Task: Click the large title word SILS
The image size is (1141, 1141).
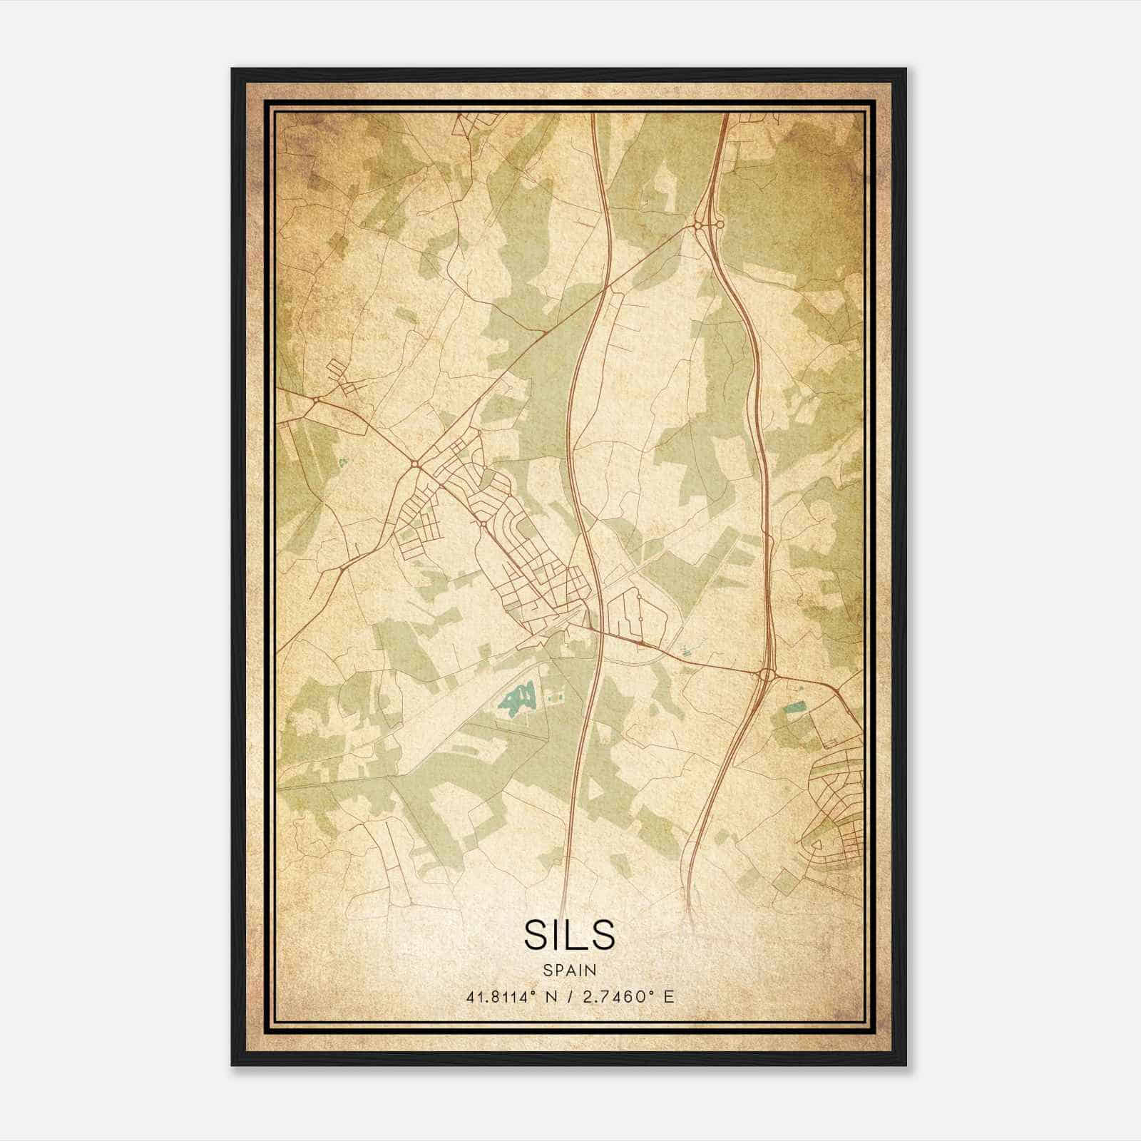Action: pyautogui.click(x=569, y=934)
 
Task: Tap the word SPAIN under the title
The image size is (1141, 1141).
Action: pyautogui.click(x=569, y=970)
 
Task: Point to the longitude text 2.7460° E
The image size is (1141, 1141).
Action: pyautogui.click(x=628, y=997)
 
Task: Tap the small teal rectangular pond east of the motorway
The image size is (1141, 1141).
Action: pyautogui.click(x=794, y=707)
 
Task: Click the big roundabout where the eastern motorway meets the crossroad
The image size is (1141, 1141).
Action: pyautogui.click(x=767, y=673)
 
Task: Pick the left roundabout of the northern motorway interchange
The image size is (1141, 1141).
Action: pyautogui.click(x=697, y=225)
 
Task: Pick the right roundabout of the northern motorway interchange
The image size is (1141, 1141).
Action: pyautogui.click(x=720, y=225)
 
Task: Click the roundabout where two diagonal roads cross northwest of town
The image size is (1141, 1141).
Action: pyautogui.click(x=414, y=464)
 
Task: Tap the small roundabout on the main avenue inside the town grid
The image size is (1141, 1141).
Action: pyautogui.click(x=483, y=525)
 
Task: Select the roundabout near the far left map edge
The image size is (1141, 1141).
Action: pyautogui.click(x=315, y=401)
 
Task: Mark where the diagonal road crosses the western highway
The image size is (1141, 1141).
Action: pyautogui.click(x=607, y=289)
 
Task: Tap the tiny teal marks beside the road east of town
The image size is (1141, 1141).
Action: pyautogui.click(x=686, y=650)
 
